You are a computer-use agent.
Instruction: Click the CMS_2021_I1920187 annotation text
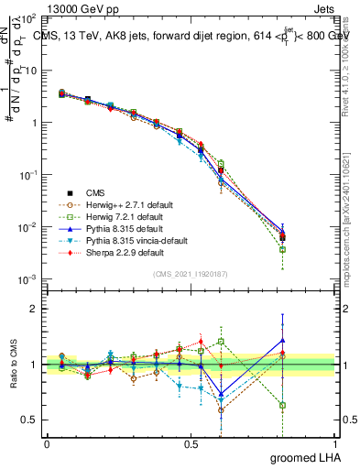click(190, 274)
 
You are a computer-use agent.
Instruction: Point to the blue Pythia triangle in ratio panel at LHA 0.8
click(283, 340)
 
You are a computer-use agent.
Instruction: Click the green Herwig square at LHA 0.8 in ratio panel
click(283, 405)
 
